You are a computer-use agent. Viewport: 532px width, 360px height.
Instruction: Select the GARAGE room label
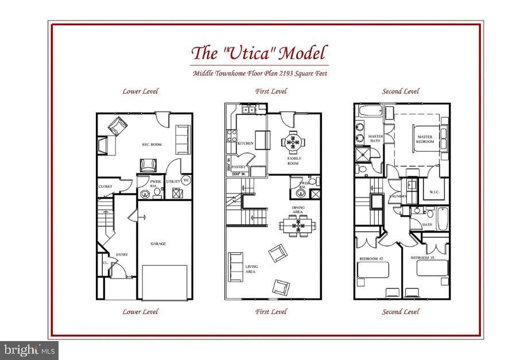point(158,243)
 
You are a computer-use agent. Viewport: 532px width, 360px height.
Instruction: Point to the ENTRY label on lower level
point(122,254)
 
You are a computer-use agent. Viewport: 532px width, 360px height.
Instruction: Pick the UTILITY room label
point(173,181)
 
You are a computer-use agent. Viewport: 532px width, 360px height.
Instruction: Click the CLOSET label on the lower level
point(105,186)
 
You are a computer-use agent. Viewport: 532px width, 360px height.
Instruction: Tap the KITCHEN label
point(245,143)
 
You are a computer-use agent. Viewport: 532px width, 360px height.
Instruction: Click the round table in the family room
point(294,140)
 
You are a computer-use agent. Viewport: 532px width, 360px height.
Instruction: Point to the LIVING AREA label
point(252,269)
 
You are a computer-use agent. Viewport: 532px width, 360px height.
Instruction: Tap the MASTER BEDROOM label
point(425,138)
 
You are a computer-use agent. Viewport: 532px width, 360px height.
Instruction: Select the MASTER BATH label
point(375,138)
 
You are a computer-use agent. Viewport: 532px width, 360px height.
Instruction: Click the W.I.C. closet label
point(434,192)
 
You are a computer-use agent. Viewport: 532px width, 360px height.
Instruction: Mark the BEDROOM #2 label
point(371,259)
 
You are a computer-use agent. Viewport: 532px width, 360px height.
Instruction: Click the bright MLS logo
point(29,349)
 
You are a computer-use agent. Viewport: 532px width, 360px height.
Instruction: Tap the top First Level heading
point(271,91)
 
